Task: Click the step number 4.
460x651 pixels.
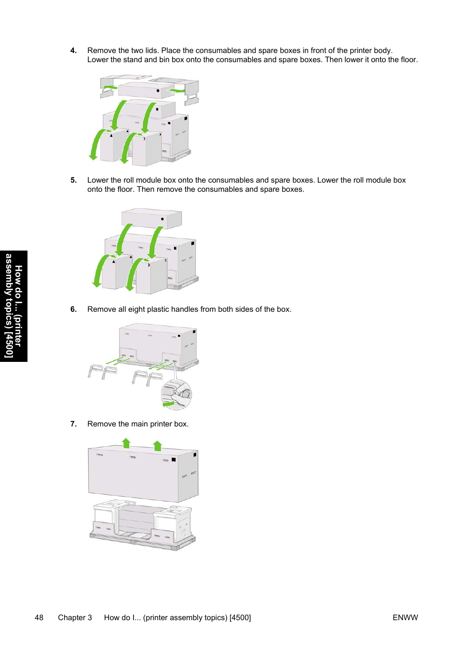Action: [x=73, y=51]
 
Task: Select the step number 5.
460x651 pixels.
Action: [x=73, y=180]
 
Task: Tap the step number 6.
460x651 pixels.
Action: [x=73, y=309]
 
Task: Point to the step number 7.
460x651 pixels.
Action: [x=73, y=424]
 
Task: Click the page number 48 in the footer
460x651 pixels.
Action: [x=39, y=618]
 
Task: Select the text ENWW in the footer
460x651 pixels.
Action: [x=405, y=618]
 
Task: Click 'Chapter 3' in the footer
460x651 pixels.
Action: [x=75, y=618]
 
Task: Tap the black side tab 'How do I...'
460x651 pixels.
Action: [x=14, y=306]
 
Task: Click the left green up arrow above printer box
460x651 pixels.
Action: [x=126, y=443]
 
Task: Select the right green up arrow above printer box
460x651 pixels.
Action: [x=157, y=446]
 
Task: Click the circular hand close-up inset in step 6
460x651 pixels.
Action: [x=176, y=394]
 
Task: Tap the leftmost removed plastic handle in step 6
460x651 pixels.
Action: [x=95, y=371]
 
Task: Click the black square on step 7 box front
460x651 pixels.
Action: [x=174, y=460]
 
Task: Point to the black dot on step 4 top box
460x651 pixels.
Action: [x=158, y=91]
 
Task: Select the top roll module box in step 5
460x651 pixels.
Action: [x=151, y=218]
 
